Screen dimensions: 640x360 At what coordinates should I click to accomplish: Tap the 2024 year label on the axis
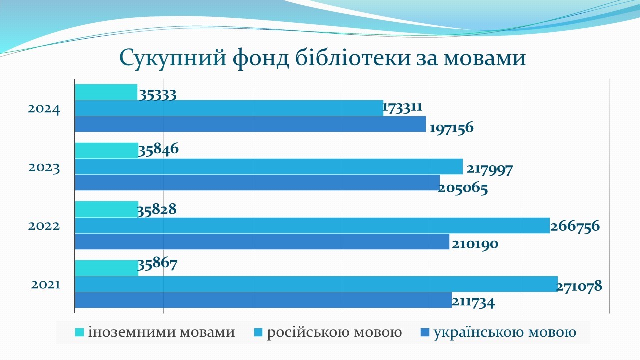click(x=44, y=109)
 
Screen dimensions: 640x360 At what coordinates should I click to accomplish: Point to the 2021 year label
click(x=45, y=285)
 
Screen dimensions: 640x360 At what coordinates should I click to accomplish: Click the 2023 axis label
click(x=44, y=168)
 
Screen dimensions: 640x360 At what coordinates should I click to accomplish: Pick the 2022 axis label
click(x=44, y=226)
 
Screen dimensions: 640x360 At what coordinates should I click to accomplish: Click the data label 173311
click(x=402, y=107)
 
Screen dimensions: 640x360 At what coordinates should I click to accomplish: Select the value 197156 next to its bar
click(x=451, y=128)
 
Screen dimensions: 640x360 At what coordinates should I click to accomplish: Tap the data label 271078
click(x=579, y=286)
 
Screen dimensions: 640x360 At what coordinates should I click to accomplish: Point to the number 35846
click(x=158, y=149)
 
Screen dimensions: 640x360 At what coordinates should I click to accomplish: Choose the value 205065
click(x=463, y=189)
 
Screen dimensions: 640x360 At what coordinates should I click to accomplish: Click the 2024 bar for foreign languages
click(x=106, y=92)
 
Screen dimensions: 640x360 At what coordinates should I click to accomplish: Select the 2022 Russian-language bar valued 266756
click(x=312, y=225)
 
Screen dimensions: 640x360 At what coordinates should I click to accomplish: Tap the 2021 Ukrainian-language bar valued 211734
click(x=263, y=300)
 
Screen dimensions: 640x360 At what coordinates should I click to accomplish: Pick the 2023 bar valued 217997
click(x=269, y=167)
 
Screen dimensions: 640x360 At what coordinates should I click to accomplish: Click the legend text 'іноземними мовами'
click(x=161, y=332)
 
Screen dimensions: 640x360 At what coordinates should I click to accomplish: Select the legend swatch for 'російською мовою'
click(x=258, y=332)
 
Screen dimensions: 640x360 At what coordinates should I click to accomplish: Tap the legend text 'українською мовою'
click(x=505, y=332)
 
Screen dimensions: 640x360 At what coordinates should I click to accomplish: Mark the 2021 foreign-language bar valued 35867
click(x=107, y=268)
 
